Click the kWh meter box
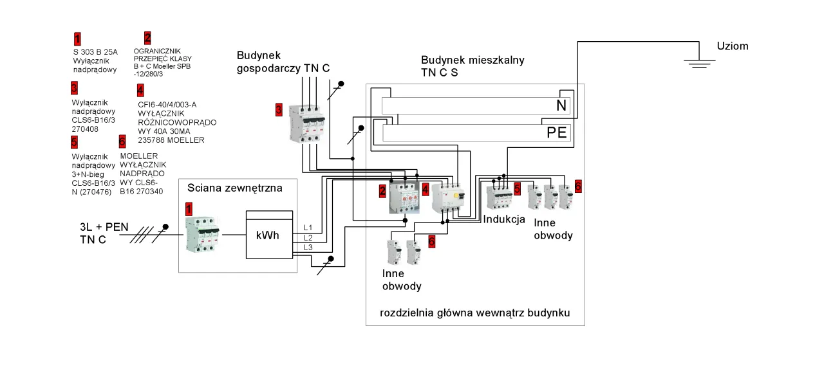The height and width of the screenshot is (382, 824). click(x=268, y=235)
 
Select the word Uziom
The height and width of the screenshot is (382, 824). click(x=733, y=46)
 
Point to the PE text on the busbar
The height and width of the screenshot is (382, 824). click(x=557, y=133)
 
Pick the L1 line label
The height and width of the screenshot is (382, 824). click(x=308, y=228)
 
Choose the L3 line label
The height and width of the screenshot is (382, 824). click(x=308, y=248)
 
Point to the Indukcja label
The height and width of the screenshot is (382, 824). click(x=504, y=219)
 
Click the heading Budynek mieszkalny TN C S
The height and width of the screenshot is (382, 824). click(x=473, y=66)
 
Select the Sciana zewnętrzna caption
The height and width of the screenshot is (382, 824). click(x=234, y=188)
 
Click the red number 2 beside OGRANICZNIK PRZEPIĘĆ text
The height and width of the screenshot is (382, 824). click(x=147, y=37)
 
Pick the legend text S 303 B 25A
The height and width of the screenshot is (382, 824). click(x=95, y=52)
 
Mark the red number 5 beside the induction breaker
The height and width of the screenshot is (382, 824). click(x=517, y=188)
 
